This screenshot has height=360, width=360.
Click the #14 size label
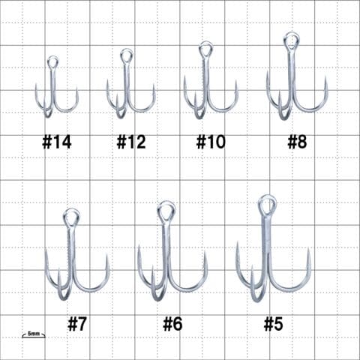coord(57,142)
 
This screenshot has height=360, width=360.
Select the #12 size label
coord(131,142)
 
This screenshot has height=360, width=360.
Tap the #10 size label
coord(211,142)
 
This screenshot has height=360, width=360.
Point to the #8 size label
coord(297,142)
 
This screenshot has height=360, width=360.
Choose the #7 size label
coord(77,324)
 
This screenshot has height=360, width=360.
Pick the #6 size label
coord(172,324)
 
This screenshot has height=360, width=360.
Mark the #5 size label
coord(274,324)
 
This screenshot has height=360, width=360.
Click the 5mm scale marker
coord(34,334)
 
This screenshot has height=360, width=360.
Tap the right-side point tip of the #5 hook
coord(309,248)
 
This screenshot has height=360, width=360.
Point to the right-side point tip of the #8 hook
coord(326,77)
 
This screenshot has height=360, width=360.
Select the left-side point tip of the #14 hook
coord(36,84)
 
